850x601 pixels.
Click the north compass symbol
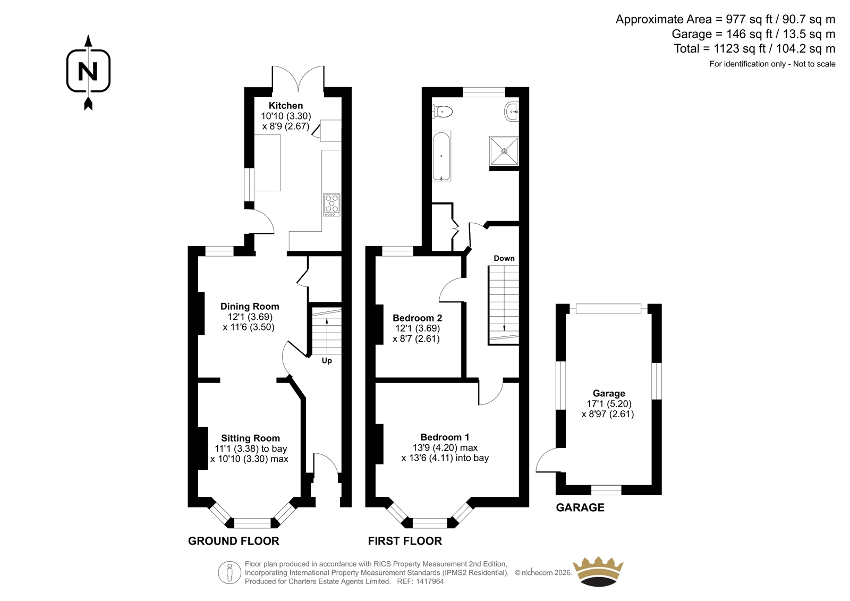88,72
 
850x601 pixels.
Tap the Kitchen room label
286,106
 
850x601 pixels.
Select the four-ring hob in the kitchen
331,205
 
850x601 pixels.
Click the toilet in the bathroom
443,112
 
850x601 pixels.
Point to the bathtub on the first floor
441,156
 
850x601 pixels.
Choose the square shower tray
504,151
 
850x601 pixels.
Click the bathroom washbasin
512,112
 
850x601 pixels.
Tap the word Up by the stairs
327,361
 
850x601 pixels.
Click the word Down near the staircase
504,259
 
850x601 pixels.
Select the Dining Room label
250,307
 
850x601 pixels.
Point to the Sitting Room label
250,438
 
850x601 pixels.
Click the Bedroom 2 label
417,318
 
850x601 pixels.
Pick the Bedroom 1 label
445,437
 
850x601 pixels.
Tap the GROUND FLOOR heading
233,541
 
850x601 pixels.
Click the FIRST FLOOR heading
405,541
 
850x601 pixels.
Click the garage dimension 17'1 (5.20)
609,404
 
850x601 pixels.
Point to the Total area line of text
754,49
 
